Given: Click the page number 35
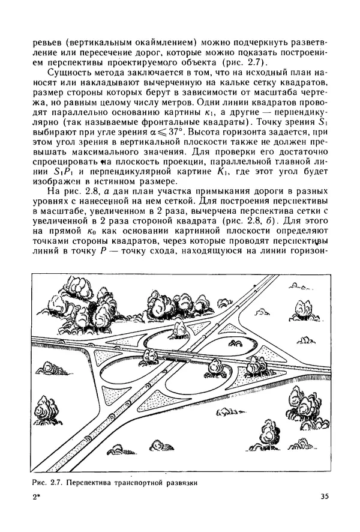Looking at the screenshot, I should click(325, 496).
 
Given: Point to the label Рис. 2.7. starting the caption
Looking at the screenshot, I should click(49, 482).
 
